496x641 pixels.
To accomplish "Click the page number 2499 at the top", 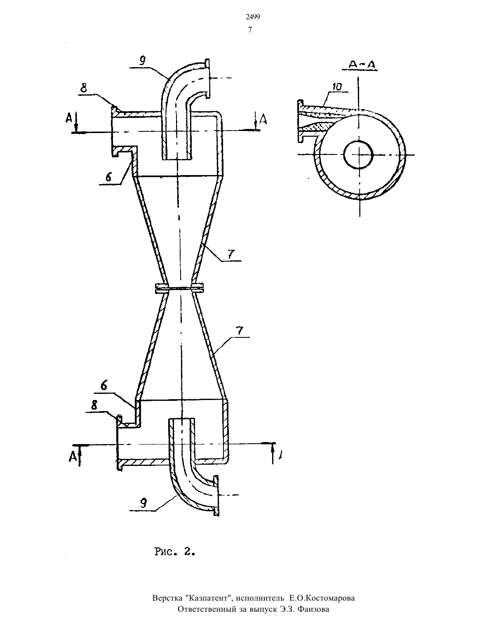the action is (253, 17).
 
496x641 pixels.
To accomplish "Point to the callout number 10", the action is (336, 87).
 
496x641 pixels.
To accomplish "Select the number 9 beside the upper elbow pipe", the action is (142, 61).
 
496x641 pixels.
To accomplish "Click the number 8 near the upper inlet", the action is (84, 88).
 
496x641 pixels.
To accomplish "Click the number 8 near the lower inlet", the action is (94, 405).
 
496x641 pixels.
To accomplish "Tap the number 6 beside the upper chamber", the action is (108, 177).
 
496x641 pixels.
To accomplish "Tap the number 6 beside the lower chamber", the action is (104, 385).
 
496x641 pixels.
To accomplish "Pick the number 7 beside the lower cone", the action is (240, 330).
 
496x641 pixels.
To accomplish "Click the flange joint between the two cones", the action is (179, 288).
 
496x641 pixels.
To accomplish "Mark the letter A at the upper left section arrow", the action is (69, 119).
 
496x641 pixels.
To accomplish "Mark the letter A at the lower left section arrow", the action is (73, 456).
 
